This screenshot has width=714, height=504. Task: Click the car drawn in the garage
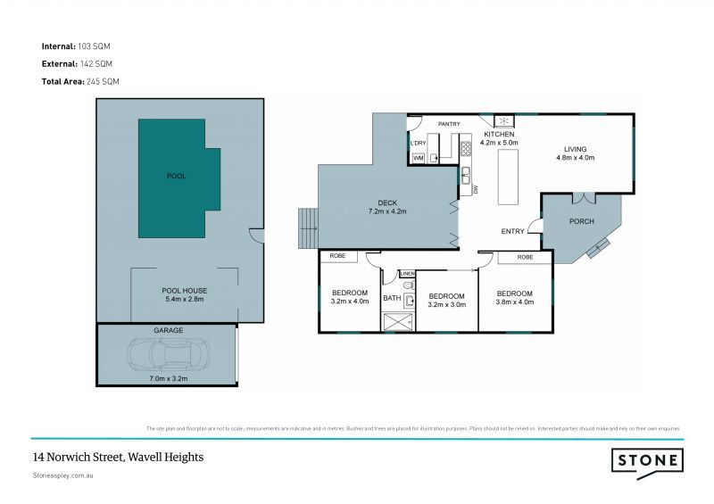tap(169, 355)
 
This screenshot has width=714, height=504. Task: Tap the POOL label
tap(177, 177)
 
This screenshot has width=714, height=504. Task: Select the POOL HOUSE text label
tap(184, 291)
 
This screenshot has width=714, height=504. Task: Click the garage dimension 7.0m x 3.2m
tap(168, 378)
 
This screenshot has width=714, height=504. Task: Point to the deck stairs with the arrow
tap(307, 228)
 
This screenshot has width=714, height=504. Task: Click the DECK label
tap(386, 202)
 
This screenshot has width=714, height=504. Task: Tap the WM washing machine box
tap(418, 158)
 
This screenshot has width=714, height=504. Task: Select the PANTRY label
tap(448, 124)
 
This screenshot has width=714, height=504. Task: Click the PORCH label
tap(582, 222)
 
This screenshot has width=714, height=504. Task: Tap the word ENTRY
tap(513, 231)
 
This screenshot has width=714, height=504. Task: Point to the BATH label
tap(392, 298)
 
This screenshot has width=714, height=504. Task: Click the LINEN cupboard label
tap(408, 274)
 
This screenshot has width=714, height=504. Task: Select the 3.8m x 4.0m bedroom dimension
tap(514, 302)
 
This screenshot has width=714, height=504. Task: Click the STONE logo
tap(647, 460)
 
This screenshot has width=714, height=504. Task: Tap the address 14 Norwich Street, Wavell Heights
tap(118, 457)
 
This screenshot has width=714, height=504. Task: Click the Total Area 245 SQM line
tap(80, 81)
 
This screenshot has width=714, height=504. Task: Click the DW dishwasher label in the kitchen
tap(477, 188)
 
